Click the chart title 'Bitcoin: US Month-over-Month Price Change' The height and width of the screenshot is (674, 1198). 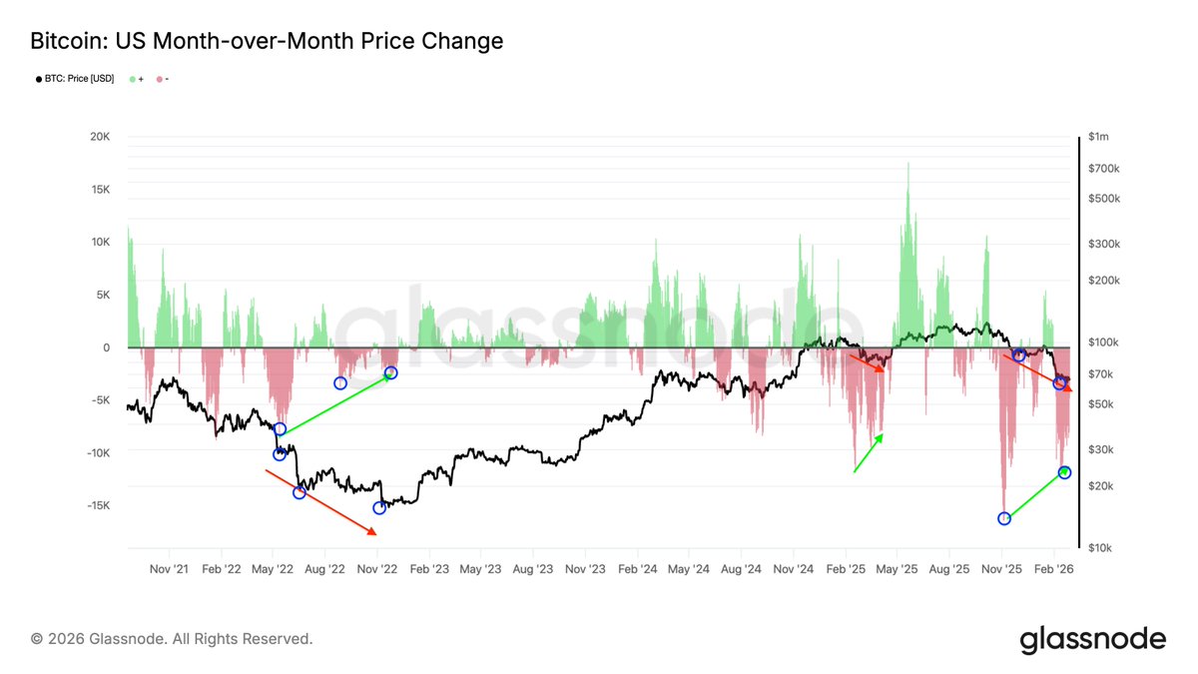[267, 41]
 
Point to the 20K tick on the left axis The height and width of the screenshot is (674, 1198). [99, 137]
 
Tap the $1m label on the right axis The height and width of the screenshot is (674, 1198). [1099, 137]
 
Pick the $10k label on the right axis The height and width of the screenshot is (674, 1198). [1101, 548]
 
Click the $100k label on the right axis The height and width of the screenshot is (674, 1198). [1104, 342]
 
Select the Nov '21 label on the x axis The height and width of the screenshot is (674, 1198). [168, 569]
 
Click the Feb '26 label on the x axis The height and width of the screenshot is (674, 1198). [1053, 569]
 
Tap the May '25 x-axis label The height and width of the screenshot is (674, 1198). [897, 569]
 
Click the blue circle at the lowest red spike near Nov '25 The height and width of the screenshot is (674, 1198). [1004, 518]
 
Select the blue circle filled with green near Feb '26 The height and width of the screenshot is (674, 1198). [1064, 472]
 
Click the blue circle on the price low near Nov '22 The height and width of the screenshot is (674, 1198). [379, 508]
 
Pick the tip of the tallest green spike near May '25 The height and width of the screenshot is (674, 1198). [907, 162]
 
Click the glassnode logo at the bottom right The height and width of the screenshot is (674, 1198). [1092, 640]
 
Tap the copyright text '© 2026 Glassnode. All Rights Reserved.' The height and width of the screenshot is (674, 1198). [172, 638]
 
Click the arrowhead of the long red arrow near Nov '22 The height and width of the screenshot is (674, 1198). [375, 534]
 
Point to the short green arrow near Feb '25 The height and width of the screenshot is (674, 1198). [869, 452]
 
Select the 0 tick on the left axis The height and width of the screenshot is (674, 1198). [105, 347]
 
